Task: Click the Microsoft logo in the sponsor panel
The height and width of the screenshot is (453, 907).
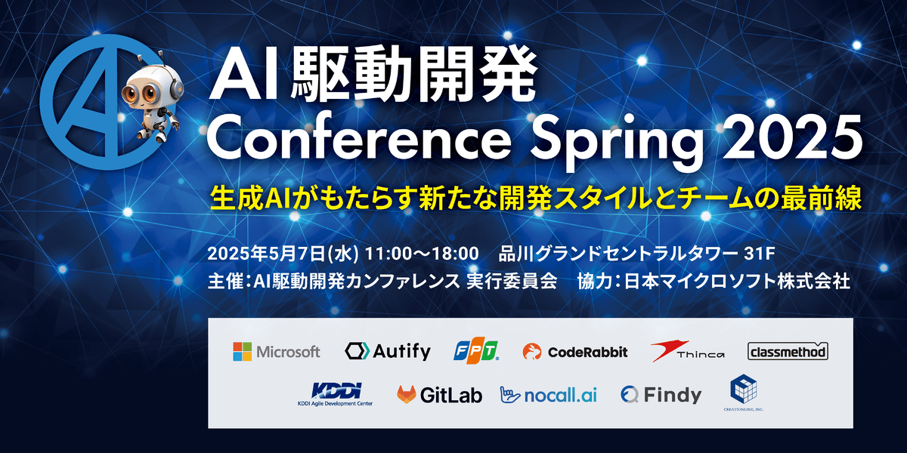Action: click(277, 351)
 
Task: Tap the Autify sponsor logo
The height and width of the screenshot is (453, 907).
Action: click(388, 351)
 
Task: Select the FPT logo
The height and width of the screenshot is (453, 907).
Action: click(476, 351)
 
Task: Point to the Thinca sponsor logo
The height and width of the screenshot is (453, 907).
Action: click(688, 351)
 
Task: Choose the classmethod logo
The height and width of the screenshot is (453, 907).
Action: click(788, 351)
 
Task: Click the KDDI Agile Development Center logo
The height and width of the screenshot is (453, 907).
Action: click(336, 394)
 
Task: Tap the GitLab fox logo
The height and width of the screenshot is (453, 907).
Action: click(408, 394)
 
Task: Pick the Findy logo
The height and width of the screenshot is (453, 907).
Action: click(661, 394)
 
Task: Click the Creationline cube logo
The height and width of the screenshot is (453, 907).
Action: click(743, 391)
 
